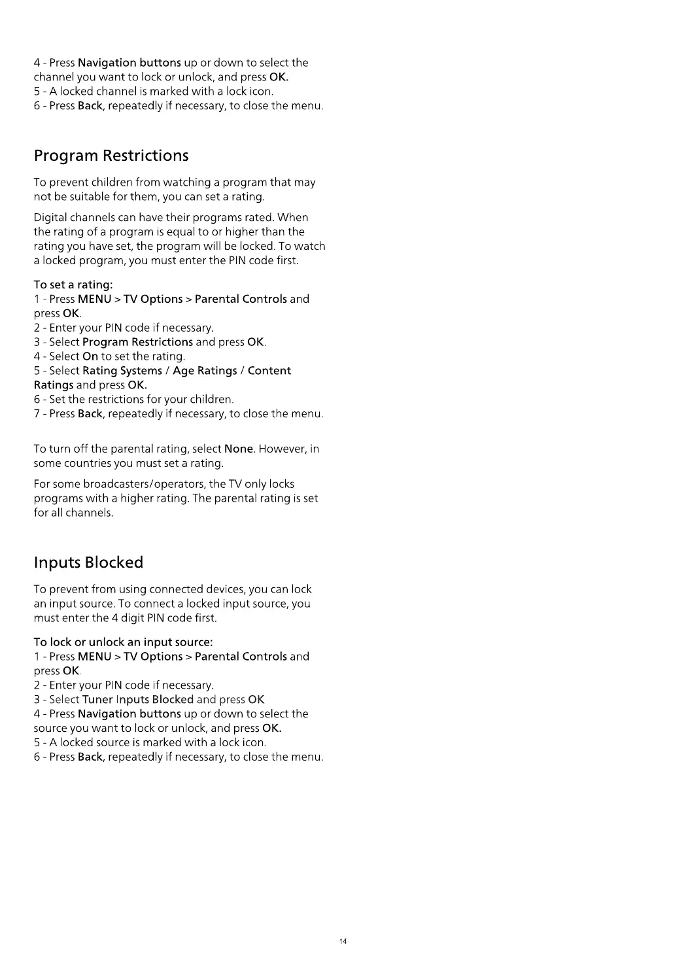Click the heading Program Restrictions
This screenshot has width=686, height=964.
[111, 156]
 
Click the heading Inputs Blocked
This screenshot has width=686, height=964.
[88, 562]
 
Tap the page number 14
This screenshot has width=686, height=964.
[343, 941]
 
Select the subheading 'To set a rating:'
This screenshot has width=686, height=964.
[73, 284]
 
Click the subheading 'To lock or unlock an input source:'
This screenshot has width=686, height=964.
[123, 642]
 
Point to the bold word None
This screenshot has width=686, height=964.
[239, 449]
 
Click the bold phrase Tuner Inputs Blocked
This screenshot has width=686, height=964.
[138, 699]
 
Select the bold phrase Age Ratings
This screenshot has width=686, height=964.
[205, 371]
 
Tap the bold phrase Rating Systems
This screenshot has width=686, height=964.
[122, 371]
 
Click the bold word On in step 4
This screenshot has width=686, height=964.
[90, 356]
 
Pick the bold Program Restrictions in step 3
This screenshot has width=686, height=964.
[137, 342]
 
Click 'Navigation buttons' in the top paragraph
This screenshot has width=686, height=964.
[129, 63]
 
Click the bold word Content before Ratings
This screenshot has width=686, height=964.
[269, 371]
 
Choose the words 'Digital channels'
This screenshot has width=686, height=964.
[75, 217]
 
